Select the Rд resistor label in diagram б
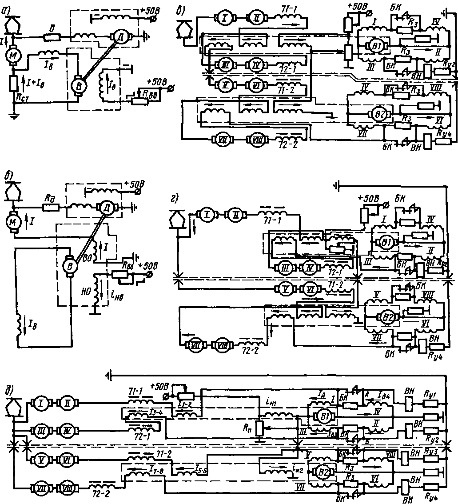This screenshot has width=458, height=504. pos(48,206)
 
